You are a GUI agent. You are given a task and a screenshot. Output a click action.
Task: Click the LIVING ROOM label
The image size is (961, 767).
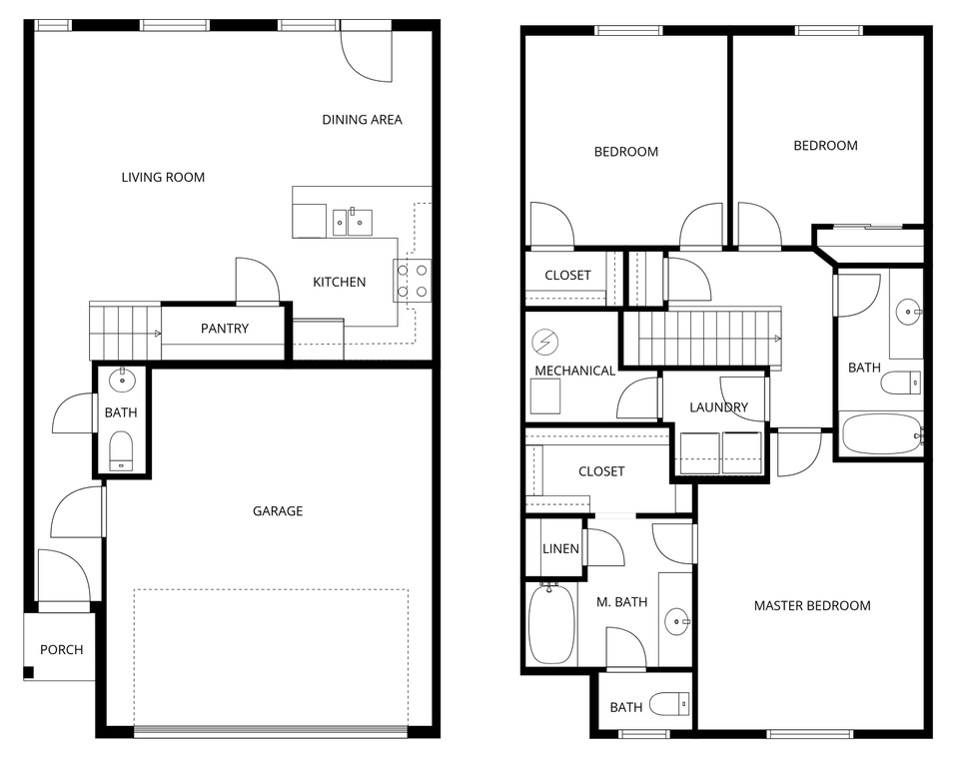coord(163,178)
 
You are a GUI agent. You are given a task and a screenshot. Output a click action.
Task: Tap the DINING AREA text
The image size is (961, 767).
coord(362,120)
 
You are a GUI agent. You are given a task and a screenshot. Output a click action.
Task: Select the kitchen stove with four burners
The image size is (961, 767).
coord(413,281)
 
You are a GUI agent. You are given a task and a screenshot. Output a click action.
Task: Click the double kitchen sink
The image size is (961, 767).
coord(353,221)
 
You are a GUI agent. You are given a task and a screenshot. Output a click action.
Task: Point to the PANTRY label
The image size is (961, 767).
coord(225,329)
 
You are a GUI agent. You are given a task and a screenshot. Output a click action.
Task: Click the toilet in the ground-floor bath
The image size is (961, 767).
coord(121,449)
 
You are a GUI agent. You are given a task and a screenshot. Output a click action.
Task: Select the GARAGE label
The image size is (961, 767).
coord(278,511)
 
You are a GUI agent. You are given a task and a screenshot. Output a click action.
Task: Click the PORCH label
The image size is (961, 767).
coord(62,650)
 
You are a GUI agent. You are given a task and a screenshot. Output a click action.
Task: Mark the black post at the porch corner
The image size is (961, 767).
coord(29,672)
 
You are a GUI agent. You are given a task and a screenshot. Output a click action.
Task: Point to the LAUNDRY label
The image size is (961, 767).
coord(718,407)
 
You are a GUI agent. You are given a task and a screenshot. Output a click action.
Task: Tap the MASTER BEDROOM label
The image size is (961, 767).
coord(811,606)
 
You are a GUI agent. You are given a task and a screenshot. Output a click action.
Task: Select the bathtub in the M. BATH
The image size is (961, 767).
coord(549,625)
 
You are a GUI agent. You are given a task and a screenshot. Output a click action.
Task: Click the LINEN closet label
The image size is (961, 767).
coord(560,549)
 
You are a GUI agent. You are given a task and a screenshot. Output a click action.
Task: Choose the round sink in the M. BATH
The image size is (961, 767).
coord(678,623)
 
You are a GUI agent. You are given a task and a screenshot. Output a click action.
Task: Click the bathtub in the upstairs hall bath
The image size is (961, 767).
coord(880,434)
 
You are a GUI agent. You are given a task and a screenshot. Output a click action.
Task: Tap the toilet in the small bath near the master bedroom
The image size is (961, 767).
coord(668,705)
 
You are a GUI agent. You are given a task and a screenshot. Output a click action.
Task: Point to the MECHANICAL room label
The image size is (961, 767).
coord(575,371)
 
